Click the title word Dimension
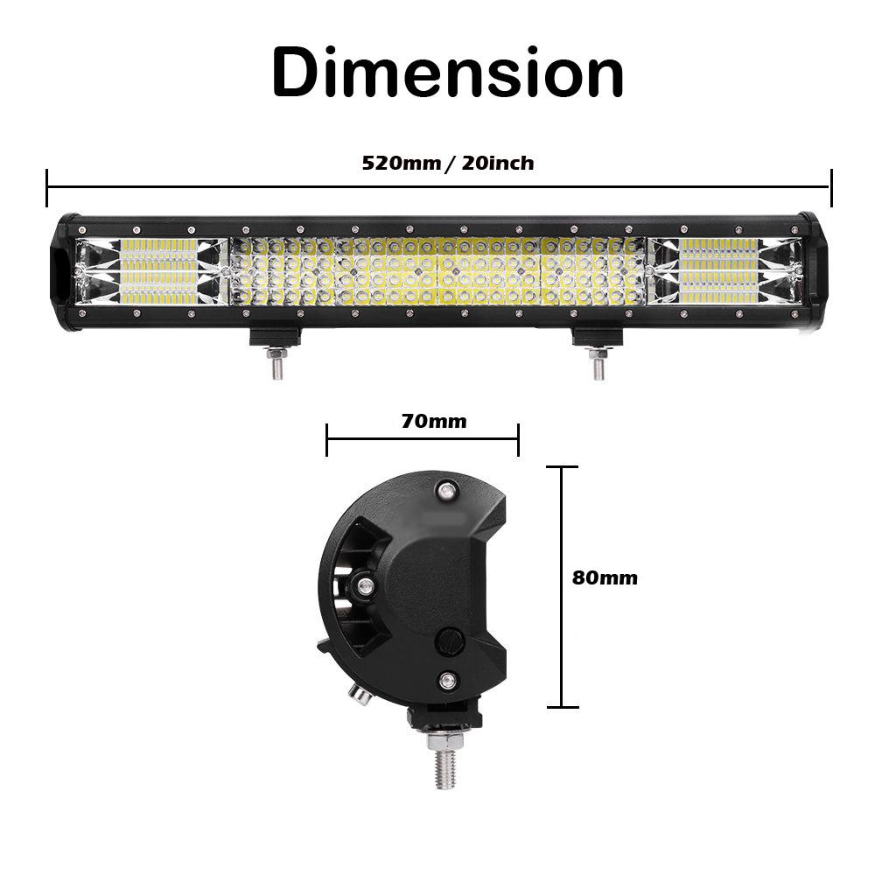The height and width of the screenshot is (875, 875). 447,72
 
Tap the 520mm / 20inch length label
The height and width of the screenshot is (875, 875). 447,163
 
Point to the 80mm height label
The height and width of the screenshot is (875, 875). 605,577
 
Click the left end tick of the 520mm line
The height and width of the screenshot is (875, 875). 47,187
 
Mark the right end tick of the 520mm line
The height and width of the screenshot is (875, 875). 830,187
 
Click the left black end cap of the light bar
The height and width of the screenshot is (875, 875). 63,270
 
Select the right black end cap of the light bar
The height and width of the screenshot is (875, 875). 811,270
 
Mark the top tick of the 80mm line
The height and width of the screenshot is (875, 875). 562,467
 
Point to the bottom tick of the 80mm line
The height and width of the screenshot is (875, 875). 562,706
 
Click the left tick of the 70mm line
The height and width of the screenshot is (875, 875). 326,440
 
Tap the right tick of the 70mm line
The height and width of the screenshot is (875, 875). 519,440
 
